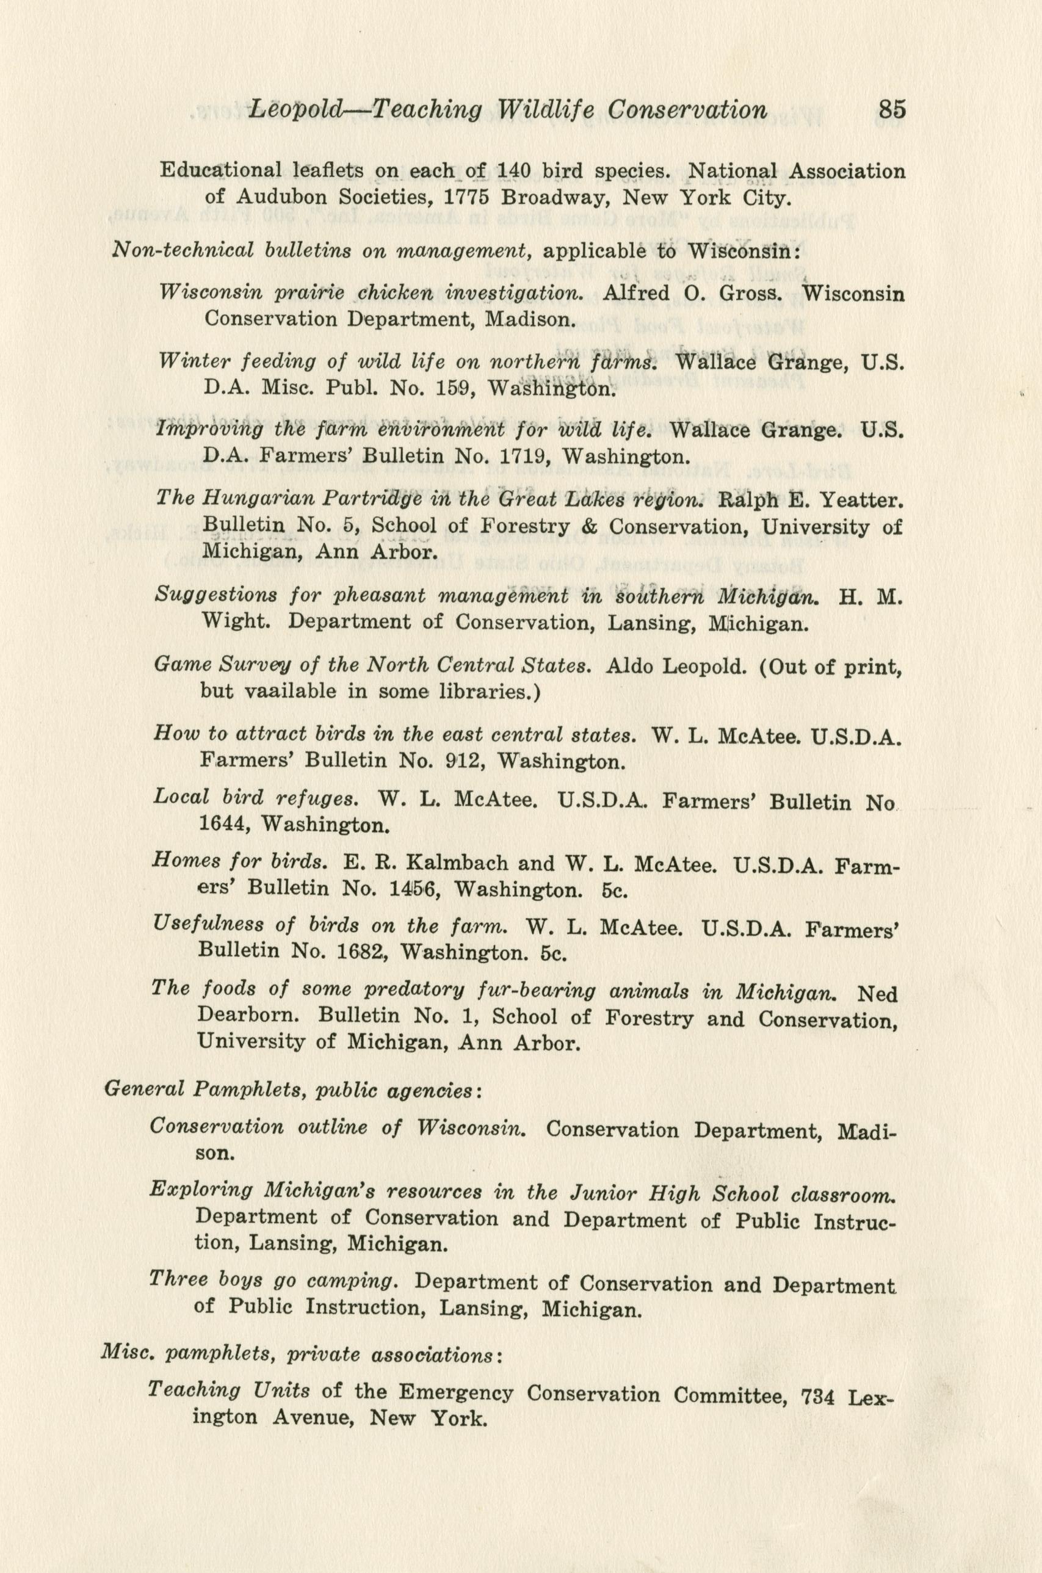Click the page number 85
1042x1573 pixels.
click(x=892, y=108)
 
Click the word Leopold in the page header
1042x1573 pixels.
click(x=292, y=110)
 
